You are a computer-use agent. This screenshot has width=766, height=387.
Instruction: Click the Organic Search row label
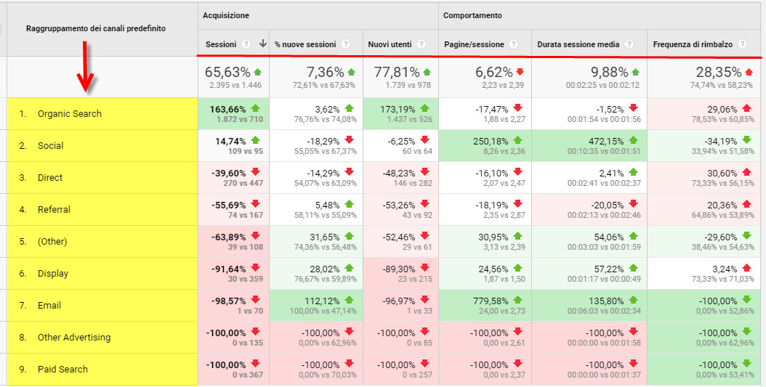(x=70, y=114)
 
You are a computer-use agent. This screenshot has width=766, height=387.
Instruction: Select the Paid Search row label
(x=63, y=370)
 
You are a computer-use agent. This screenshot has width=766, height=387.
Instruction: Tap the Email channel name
(x=49, y=306)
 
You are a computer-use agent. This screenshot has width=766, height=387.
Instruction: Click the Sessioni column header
(x=221, y=44)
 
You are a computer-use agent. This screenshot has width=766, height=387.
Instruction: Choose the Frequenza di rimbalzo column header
(x=693, y=44)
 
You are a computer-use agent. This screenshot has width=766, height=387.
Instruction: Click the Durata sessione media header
(x=578, y=44)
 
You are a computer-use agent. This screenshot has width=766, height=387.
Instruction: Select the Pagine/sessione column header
(x=474, y=44)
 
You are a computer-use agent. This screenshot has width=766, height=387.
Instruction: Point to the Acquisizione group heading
(x=226, y=15)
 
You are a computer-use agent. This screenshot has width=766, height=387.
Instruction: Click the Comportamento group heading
(x=472, y=15)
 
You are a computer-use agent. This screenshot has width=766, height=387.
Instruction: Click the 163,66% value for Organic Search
(x=226, y=109)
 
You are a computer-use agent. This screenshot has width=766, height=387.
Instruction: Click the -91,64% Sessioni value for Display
(x=226, y=269)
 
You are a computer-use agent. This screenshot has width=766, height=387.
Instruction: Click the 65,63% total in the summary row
(x=227, y=72)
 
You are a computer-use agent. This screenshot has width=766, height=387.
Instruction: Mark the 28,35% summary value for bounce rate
(x=714, y=72)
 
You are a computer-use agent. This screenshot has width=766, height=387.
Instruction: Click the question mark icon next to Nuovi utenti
(x=422, y=44)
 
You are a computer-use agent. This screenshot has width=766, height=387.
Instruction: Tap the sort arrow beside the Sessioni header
(x=262, y=44)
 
